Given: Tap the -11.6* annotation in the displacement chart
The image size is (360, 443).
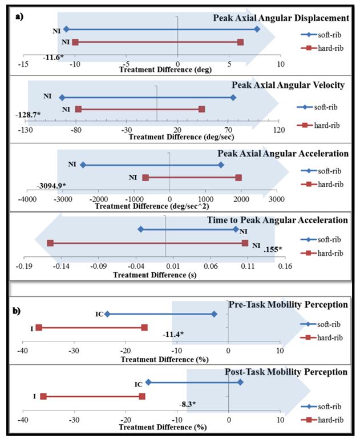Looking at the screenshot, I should pyautogui.click(x=52, y=57).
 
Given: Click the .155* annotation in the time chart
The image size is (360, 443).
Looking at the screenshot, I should pyautogui.click(x=273, y=249).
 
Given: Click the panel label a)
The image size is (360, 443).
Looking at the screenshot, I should pyautogui.click(x=20, y=15).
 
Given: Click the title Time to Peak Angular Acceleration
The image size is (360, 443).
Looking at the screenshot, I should pyautogui.click(x=292, y=220).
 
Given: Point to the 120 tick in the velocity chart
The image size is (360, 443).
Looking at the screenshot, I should pyautogui.click(x=280, y=131).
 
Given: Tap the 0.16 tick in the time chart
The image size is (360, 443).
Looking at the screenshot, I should pyautogui.click(x=285, y=266).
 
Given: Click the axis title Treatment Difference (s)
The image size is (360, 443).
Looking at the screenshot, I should pyautogui.click(x=145, y=275).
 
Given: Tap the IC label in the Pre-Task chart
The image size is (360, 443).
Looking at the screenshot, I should pyautogui.click(x=99, y=313).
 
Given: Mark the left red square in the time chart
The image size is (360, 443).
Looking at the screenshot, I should pyautogui.click(x=50, y=243).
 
